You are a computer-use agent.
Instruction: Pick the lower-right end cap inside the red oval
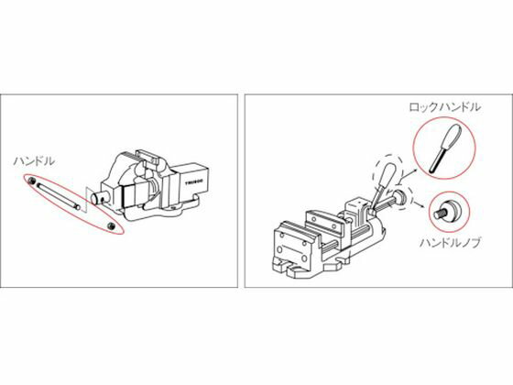coord(111,225)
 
